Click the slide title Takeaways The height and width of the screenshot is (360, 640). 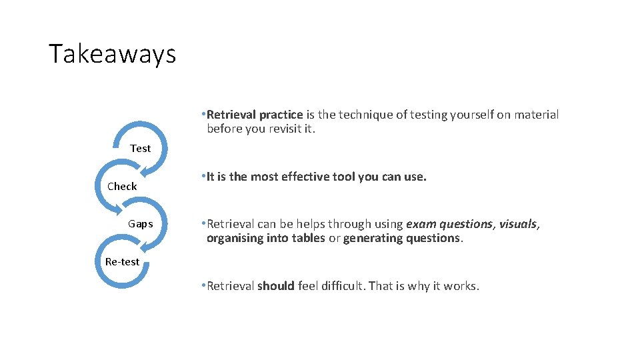(x=112, y=53)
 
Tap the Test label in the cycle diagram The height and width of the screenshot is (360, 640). (x=140, y=149)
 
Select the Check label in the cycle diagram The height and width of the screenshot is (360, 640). (x=122, y=187)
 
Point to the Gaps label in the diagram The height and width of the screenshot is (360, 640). (x=140, y=224)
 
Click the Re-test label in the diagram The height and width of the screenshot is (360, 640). (x=122, y=262)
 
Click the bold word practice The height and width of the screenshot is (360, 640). (x=281, y=115)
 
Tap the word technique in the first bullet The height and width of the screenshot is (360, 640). (x=366, y=115)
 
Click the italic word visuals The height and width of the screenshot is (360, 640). (x=517, y=224)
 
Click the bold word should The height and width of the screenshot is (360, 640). (x=276, y=286)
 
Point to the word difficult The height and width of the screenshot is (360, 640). (x=342, y=286)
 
